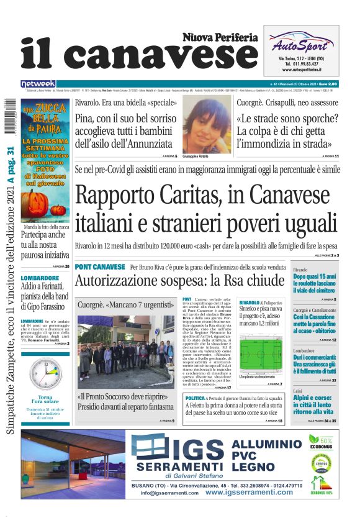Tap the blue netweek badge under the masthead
38,83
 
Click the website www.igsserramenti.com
249,492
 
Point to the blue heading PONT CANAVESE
99,267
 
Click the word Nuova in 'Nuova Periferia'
200,37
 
